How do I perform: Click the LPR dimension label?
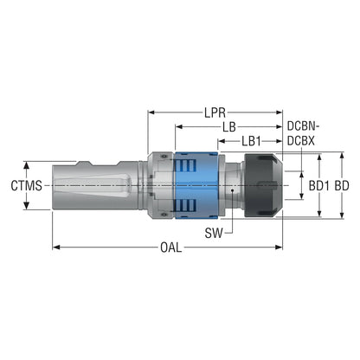tap(215, 112)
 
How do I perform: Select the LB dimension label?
tap(229, 127)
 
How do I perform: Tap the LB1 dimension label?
tap(251, 141)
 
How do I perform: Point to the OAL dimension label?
tap(171, 247)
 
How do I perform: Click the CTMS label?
tap(26, 185)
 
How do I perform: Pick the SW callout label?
tap(214, 233)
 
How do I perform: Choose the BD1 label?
tap(319, 186)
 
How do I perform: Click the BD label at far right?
tap(342, 186)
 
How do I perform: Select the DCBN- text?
tap(304, 126)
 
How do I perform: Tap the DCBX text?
tap(301, 141)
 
